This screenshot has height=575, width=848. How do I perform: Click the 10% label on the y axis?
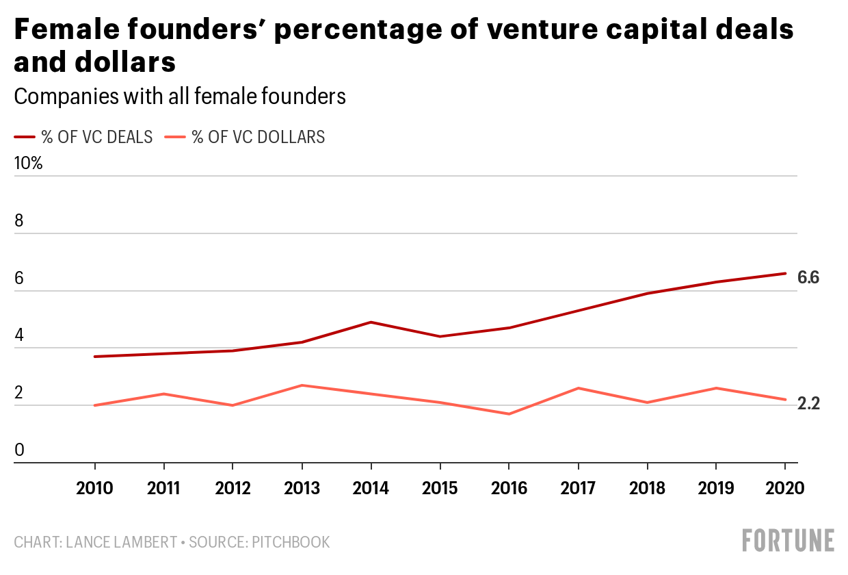pos(28,164)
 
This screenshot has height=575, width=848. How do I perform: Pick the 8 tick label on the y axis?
pos(19,221)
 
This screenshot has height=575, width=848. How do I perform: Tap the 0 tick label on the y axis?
pos(19,450)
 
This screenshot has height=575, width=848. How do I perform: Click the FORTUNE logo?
pos(788,540)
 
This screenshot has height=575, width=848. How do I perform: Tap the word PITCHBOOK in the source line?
pos(291,542)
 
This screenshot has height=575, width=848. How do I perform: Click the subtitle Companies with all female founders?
pos(180,97)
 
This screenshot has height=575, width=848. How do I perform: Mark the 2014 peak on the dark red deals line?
pos(371,322)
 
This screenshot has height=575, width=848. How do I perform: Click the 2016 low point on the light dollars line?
pos(509,414)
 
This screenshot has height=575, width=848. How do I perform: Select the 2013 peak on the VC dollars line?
pos(302,385)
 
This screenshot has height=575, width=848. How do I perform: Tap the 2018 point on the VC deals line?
pos(647,294)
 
